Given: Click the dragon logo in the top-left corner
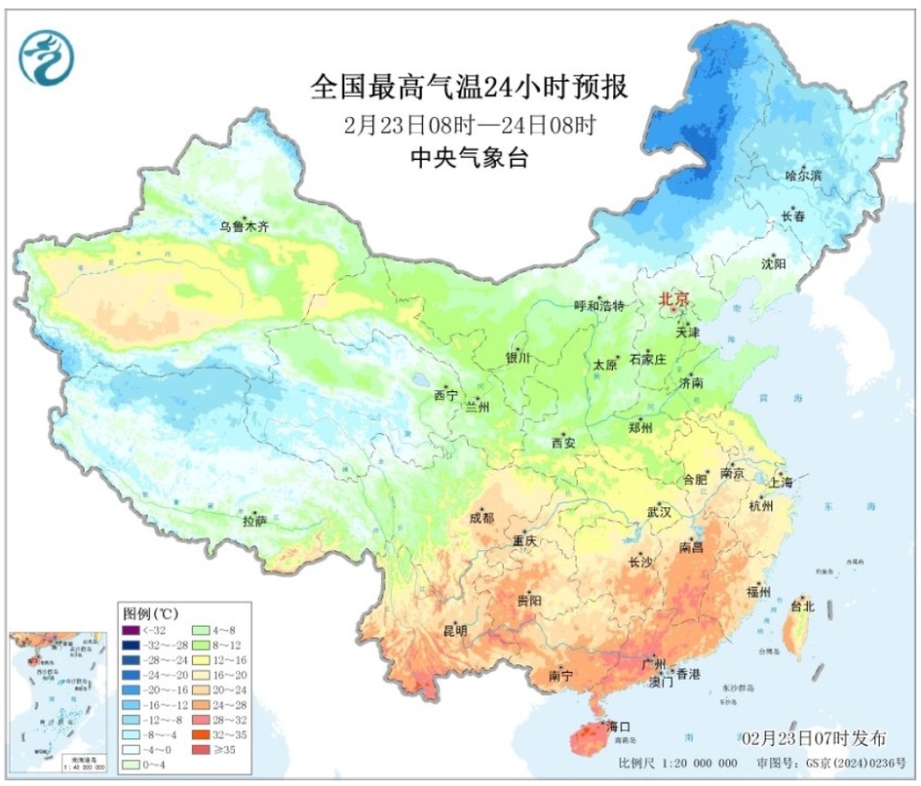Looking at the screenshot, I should tap(45, 57).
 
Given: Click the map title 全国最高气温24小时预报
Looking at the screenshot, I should tap(469, 88).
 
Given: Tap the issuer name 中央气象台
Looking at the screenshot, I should tap(469, 159).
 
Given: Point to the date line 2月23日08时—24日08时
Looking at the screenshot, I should tap(469, 125).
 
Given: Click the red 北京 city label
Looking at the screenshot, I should tap(673, 300).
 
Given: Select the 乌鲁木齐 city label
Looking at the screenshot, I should tap(244, 227).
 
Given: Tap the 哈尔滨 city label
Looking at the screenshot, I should tap(803, 176).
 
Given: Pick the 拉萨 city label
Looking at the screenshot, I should tap(254, 520).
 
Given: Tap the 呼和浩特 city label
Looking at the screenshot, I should tap(599, 306).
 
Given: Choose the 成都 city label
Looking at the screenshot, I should tap(482, 519).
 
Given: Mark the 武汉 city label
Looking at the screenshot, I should tap(659, 511).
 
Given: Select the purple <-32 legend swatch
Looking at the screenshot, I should tap(131, 630).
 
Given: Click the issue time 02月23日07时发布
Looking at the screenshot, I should tap(815, 738).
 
